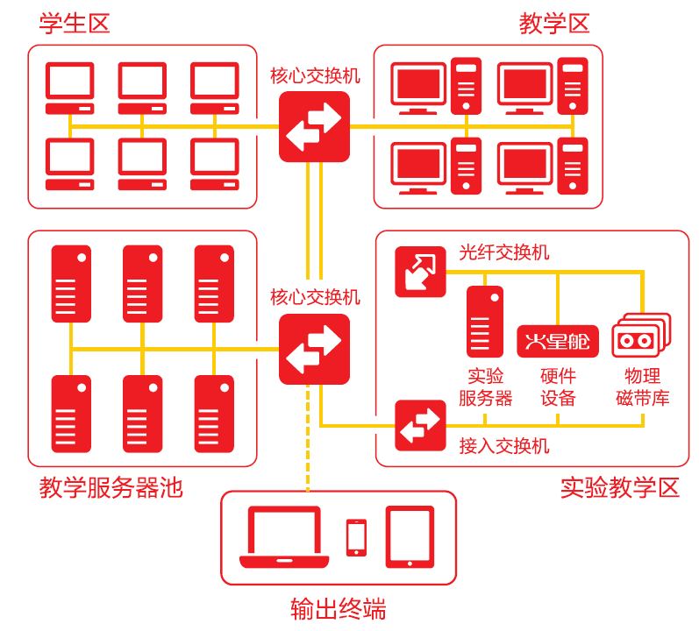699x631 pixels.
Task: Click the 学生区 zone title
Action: tap(75, 23)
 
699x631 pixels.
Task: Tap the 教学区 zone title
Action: tap(554, 23)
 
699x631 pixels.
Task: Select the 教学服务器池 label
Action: tap(111, 487)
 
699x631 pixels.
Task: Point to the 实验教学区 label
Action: tap(620, 487)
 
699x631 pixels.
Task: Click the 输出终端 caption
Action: tap(338, 608)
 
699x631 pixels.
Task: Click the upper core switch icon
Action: tap(314, 127)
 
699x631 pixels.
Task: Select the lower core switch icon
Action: tap(314, 349)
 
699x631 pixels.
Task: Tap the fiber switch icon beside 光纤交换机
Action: tap(420, 271)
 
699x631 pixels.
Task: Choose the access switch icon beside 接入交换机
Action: tap(420, 425)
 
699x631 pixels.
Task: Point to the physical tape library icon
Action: tap(640, 336)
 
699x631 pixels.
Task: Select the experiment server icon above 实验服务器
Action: tap(485, 321)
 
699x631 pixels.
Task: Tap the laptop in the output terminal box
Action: tap(284, 536)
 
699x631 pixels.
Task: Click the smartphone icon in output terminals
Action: tap(356, 537)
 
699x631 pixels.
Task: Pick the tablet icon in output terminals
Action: tap(410, 536)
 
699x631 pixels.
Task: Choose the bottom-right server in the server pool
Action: tap(214, 413)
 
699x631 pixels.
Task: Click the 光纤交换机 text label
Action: tap(504, 252)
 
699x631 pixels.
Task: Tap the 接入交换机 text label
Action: tap(504, 446)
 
